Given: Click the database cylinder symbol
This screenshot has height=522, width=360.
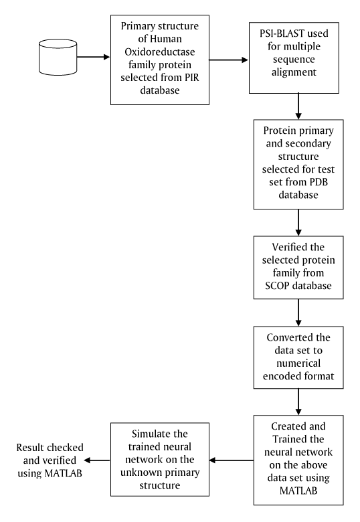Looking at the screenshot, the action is pyautogui.click(x=58, y=57).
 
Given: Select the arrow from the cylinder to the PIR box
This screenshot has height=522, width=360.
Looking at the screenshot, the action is pyautogui.click(x=94, y=57).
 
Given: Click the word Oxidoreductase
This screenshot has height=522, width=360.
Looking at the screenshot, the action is pyautogui.click(x=160, y=52).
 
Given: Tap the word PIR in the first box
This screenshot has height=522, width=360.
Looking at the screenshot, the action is pyautogui.click(x=191, y=78).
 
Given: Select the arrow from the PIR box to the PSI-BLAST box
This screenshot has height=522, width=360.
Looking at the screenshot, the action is pyautogui.click(x=229, y=60).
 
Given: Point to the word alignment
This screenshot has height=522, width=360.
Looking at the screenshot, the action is pyautogui.click(x=294, y=72).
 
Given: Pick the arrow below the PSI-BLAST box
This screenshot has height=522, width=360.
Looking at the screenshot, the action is pyautogui.click(x=298, y=106).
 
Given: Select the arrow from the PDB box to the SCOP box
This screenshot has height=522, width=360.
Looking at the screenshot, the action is pyautogui.click(x=298, y=223).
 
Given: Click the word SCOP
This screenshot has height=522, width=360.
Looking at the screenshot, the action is pyautogui.click(x=277, y=286).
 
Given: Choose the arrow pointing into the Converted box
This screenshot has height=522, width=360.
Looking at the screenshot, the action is pyautogui.click(x=298, y=313).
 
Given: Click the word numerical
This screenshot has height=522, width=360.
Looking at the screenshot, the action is pyautogui.click(x=298, y=363).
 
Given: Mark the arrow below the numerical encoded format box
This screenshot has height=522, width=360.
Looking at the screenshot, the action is pyautogui.click(x=298, y=402).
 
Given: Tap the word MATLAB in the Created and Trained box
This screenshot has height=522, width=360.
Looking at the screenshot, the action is pyautogui.click(x=298, y=491).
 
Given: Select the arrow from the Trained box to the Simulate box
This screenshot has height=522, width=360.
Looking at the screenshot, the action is pyautogui.click(x=232, y=460).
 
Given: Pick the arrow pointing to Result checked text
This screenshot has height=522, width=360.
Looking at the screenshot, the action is pyautogui.click(x=97, y=460).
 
